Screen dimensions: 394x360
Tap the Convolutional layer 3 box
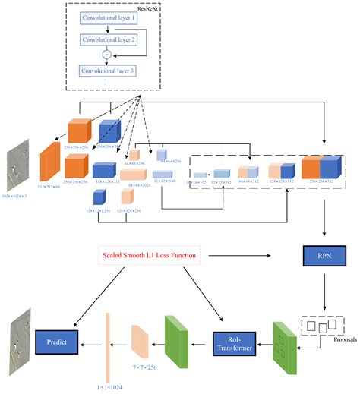click(x=114, y=71)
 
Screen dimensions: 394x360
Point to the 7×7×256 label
click(x=145, y=367)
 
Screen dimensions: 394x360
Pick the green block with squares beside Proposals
click(x=285, y=338)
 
